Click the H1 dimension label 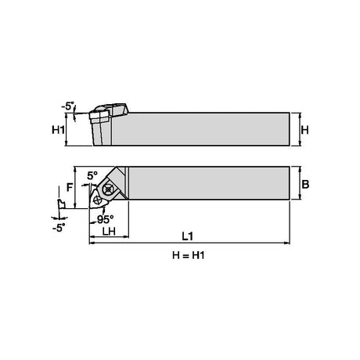click(x=58, y=130)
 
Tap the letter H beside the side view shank click(x=304, y=130)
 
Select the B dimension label click(x=305, y=184)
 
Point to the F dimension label click(x=70, y=187)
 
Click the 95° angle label click(x=106, y=219)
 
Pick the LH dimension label click(x=109, y=231)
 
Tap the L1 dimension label click(x=187, y=236)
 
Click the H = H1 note click(x=189, y=255)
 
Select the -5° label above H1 click(x=68, y=106)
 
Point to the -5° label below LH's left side click(x=59, y=229)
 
